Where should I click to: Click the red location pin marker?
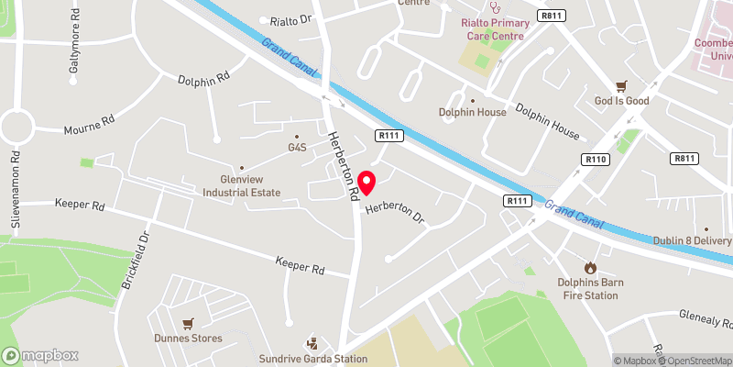coord(366,183)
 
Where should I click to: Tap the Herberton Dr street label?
coord(396,213)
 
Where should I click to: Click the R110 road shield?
coord(596,159)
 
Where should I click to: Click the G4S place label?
coord(297,147)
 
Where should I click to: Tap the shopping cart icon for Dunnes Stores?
coord(188,323)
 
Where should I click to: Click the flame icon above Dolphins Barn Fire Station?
coord(590,268)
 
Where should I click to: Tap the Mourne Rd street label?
coord(89,125)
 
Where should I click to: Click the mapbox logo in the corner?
coord(40,355)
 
